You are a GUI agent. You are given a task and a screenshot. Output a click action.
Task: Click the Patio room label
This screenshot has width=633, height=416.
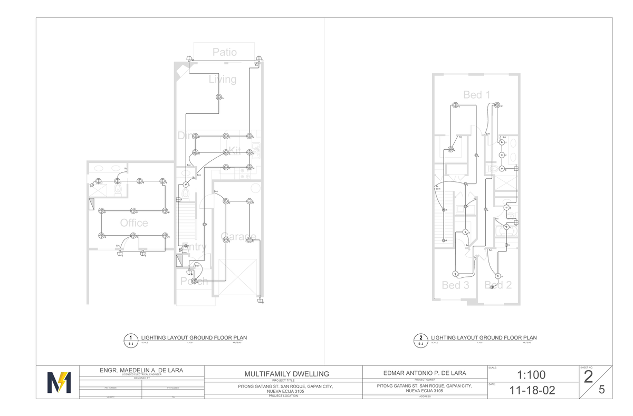(x=225, y=52)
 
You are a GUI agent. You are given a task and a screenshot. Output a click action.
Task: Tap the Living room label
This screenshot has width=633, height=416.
(x=223, y=80)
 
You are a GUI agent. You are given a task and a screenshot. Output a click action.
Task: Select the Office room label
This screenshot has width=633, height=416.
(x=134, y=223)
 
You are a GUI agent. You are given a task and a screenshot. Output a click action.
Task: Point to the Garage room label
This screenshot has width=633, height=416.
(x=238, y=237)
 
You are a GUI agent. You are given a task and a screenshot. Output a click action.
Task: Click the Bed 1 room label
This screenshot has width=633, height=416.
(x=477, y=95)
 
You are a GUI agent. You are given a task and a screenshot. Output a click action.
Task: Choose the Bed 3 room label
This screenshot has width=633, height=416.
(x=455, y=285)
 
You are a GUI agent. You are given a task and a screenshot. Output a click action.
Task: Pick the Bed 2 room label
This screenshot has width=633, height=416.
(x=498, y=285)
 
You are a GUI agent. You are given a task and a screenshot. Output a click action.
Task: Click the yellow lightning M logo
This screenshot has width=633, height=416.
(x=59, y=382)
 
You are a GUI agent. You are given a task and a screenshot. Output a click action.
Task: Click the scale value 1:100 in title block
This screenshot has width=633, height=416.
(x=532, y=375)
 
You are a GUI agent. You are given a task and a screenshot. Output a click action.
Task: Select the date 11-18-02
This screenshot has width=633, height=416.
(x=532, y=391)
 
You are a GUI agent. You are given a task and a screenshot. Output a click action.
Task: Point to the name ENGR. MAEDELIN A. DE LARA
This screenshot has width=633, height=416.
(x=141, y=370)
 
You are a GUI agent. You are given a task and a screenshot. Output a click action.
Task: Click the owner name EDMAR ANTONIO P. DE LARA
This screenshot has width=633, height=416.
(x=424, y=373)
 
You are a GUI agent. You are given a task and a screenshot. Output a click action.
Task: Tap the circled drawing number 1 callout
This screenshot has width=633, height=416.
(x=130, y=338)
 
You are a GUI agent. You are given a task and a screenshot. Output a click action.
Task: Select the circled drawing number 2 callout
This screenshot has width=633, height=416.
(x=420, y=338)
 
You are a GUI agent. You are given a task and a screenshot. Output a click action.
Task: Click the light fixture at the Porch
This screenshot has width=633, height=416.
(x=194, y=282)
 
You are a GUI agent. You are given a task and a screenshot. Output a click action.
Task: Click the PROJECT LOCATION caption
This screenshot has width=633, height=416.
(x=283, y=395)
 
